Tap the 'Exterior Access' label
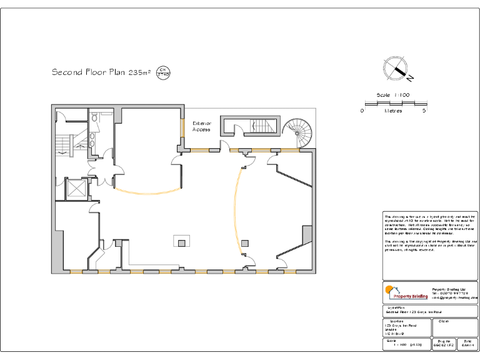click(202, 126)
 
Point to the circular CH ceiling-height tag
click(163, 72)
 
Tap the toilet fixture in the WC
click(94, 117)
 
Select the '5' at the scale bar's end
click(424, 111)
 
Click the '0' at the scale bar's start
click(362, 111)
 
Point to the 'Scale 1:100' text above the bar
click(392, 95)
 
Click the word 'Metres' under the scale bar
click(393, 111)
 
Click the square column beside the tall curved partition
click(245, 242)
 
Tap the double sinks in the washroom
click(92, 139)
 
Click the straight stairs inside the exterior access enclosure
click(262, 126)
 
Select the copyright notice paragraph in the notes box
click(430, 246)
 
